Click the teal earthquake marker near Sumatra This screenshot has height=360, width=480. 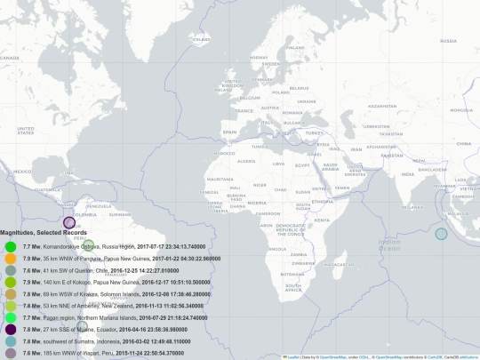[x=441, y=234]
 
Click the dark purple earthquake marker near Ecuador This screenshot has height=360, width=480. [x=68, y=222]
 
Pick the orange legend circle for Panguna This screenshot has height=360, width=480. [x=11, y=258]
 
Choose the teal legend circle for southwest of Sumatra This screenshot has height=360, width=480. [x=11, y=340]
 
